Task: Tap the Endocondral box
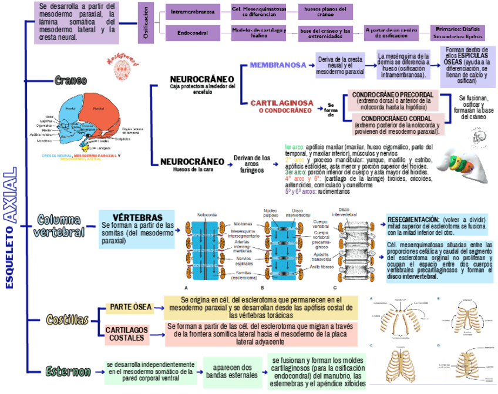click(x=193, y=33)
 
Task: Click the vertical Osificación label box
click(x=146, y=22)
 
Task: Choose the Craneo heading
click(x=70, y=80)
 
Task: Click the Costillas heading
click(x=68, y=319)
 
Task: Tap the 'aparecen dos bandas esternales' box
click(x=230, y=371)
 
